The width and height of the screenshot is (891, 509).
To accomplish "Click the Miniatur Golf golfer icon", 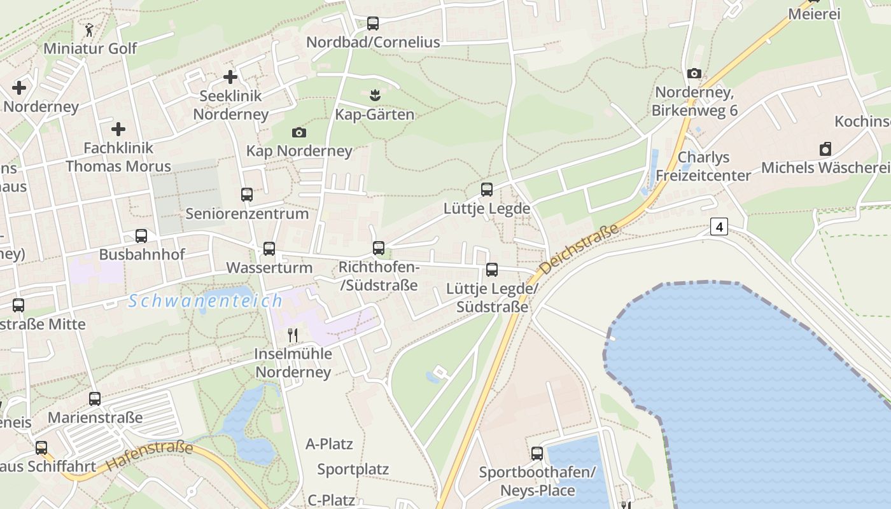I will click(x=88, y=29).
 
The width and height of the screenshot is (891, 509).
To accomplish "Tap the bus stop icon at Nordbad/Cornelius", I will click(x=373, y=24).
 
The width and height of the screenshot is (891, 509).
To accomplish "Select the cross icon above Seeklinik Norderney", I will click(x=230, y=77).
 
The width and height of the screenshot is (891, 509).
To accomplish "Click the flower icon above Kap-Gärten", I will click(x=374, y=96).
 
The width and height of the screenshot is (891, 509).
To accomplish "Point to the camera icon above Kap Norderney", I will click(x=299, y=132).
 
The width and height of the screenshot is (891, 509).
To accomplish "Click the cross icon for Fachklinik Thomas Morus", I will click(x=118, y=129).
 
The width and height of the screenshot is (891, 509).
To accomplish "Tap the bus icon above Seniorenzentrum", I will click(x=247, y=195).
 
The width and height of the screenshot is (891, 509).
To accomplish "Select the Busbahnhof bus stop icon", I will click(x=141, y=236).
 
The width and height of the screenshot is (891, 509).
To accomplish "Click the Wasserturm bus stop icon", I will click(x=269, y=249).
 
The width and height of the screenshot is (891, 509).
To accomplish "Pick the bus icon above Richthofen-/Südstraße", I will click(x=379, y=248).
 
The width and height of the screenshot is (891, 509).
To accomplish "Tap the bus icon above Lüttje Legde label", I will click(x=487, y=190).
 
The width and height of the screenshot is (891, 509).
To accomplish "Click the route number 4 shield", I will click(x=719, y=227).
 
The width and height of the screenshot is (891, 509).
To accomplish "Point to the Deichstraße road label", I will click(x=579, y=249).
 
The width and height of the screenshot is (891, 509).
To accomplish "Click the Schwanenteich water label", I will click(x=206, y=301).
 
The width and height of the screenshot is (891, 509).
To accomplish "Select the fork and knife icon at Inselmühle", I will click(x=293, y=335).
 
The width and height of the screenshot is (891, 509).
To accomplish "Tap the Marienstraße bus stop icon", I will click(x=95, y=399).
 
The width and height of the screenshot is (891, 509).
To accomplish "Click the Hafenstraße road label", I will click(x=150, y=456).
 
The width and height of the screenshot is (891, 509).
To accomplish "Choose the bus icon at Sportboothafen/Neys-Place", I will click(x=537, y=454).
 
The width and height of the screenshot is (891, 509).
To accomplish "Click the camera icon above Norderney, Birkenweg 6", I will click(x=694, y=74).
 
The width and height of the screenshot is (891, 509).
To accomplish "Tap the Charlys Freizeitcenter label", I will click(x=703, y=166).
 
